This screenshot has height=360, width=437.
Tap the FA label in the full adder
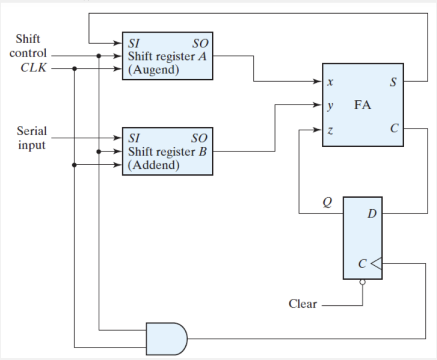tap(362, 105)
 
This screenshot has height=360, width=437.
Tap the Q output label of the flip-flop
tap(326, 201)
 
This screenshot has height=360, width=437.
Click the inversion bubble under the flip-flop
tap(362, 282)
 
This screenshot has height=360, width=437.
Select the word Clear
tap(303, 304)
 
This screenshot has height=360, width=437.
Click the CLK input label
tap(34, 68)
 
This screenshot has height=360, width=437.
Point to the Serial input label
tap(32, 138)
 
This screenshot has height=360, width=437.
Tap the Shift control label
tap(28, 46)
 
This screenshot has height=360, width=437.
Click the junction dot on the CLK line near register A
tap(75, 68)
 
